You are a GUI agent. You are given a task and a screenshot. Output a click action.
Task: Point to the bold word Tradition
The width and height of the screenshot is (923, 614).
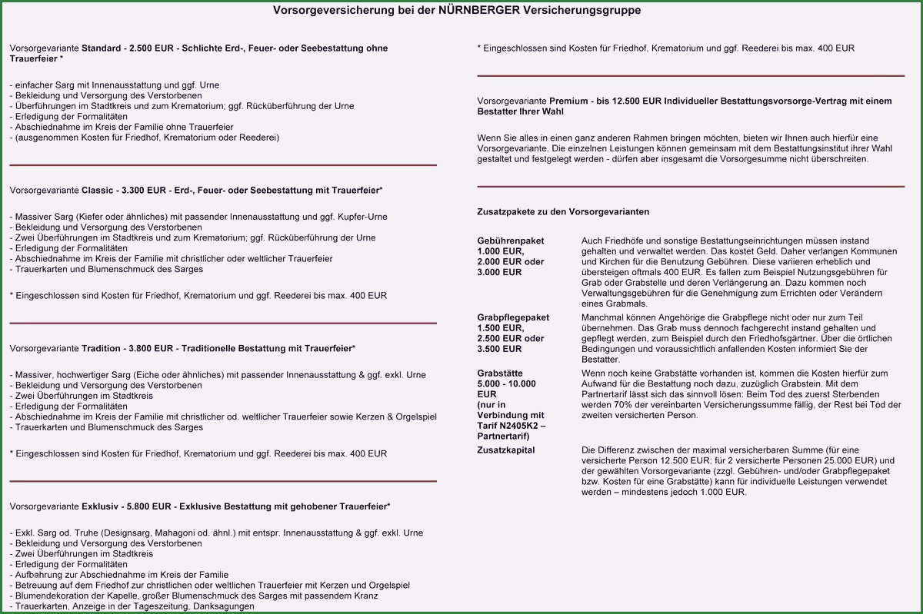(x=103, y=348)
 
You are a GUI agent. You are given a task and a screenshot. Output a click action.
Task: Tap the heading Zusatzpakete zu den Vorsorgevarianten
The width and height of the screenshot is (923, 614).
(x=563, y=211)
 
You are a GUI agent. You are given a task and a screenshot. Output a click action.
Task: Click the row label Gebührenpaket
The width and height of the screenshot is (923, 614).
(x=510, y=241)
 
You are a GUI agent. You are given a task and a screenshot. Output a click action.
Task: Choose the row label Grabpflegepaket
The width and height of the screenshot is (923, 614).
(x=513, y=317)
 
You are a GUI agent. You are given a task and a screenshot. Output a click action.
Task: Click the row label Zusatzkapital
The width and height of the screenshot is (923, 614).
(x=505, y=450)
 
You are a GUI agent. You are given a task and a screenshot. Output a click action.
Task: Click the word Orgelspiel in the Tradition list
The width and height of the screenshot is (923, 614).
(x=415, y=417)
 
